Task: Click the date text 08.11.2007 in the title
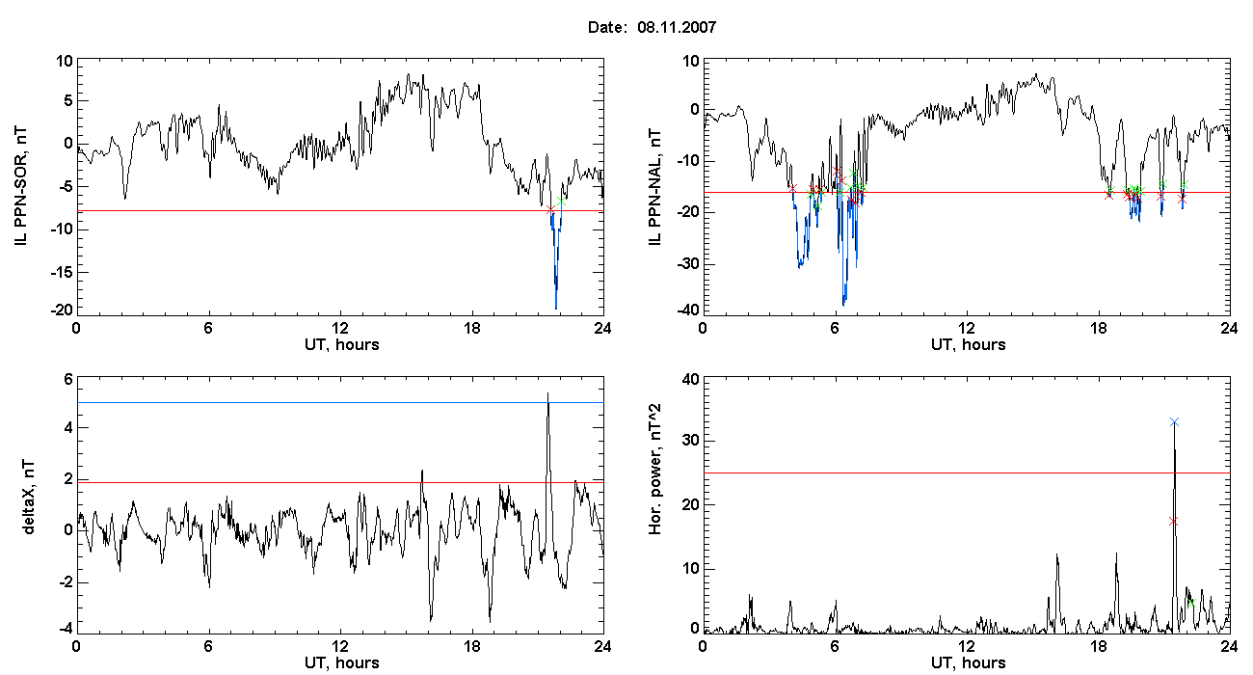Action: click(677, 27)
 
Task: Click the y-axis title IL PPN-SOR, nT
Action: click(20, 187)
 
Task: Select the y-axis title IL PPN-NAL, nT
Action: click(654, 187)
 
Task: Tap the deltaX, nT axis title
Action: click(28, 498)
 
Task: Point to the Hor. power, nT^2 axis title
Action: click(654, 469)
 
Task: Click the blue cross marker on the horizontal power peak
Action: click(1174, 422)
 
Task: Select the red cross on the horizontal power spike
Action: click(1173, 521)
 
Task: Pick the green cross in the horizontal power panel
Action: click(1191, 603)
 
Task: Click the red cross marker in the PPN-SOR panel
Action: click(550, 209)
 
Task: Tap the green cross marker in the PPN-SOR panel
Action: click(561, 202)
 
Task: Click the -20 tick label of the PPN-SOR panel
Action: click(62, 310)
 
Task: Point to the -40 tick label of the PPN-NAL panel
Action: click(688, 310)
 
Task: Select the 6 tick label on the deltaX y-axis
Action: click(68, 380)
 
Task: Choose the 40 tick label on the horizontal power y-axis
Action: click(690, 380)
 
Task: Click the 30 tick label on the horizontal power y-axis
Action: click(690, 441)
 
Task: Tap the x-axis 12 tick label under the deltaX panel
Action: click(339, 646)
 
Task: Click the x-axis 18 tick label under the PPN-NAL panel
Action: click(1098, 328)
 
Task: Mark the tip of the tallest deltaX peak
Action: click(547, 392)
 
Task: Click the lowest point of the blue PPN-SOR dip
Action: click(555, 309)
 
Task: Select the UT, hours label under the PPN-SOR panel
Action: click(342, 345)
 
